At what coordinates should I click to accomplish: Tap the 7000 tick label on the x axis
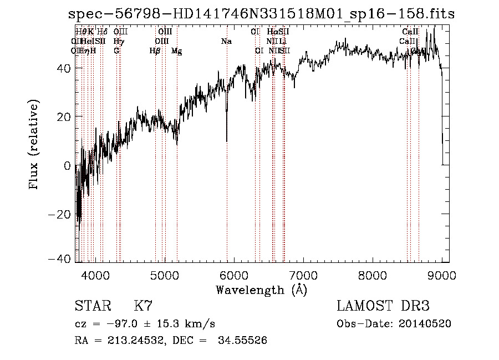[x=303, y=275]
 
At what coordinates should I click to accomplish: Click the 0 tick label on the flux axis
[x=68, y=165]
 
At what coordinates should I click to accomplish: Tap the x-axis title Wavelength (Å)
[x=261, y=290]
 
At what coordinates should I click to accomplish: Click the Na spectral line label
[x=226, y=41]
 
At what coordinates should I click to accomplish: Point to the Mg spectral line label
[x=176, y=51]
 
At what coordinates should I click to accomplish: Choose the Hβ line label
[x=155, y=51]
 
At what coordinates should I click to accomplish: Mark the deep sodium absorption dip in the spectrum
[x=227, y=133]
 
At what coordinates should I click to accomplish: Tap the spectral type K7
[x=143, y=306]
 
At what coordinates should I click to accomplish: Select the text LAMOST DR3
[x=383, y=306]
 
